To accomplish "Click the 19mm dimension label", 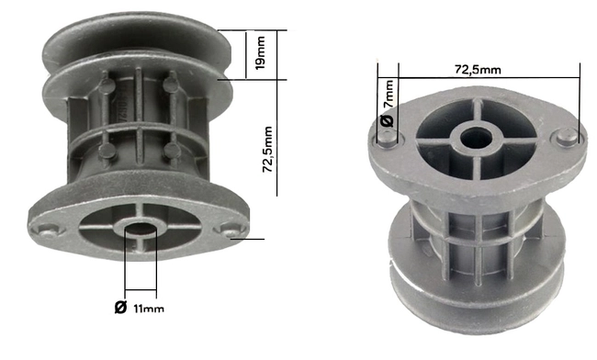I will (261, 55).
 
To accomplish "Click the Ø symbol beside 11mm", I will (120, 306).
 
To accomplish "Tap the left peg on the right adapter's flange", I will (389, 139).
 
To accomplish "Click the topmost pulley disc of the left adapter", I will (138, 41).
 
